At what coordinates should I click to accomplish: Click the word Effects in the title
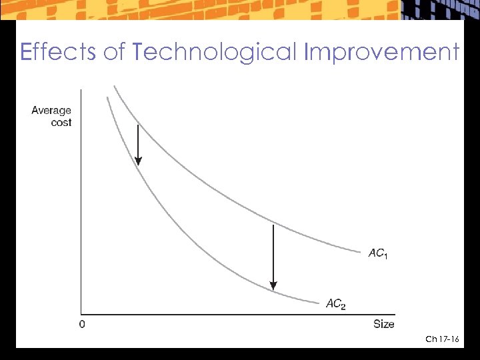click(58, 51)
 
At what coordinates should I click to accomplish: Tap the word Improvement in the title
click(381, 52)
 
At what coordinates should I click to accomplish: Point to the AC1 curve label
click(377, 253)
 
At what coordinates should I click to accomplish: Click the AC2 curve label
click(335, 304)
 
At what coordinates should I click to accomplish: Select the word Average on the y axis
click(51, 111)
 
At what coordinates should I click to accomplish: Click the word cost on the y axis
click(61, 123)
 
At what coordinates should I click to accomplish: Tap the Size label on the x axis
click(383, 325)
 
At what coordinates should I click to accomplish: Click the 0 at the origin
click(81, 325)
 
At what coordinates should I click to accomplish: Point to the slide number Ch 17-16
click(442, 340)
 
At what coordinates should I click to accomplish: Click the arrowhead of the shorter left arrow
click(138, 160)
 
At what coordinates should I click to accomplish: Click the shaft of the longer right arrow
click(273, 253)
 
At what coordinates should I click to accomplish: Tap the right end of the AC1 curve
click(360, 251)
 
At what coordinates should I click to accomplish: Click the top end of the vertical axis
click(81, 90)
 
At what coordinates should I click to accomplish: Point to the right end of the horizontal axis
click(395, 315)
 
